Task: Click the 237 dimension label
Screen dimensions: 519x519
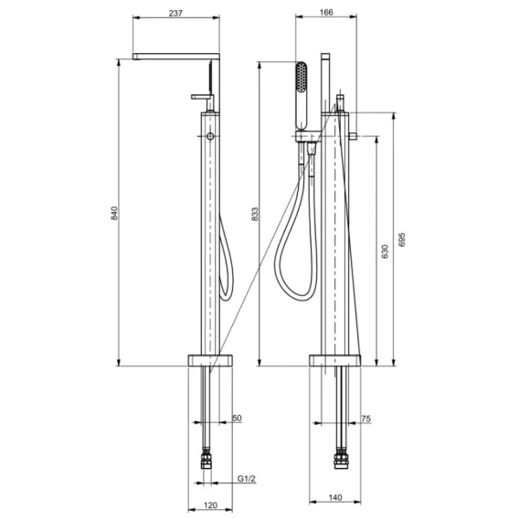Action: [x=175, y=13]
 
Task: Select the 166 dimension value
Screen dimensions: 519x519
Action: [x=326, y=13]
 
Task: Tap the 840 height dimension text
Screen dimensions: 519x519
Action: [x=114, y=213]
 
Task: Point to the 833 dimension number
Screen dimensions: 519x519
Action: [x=255, y=214]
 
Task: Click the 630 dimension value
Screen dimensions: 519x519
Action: [x=385, y=251]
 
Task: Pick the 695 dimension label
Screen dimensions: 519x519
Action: [x=401, y=239]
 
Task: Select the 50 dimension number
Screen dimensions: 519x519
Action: [x=237, y=418]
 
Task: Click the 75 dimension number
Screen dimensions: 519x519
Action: [x=365, y=418]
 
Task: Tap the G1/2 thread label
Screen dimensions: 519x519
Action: [x=247, y=479]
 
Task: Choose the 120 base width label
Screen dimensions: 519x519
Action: [x=210, y=505]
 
